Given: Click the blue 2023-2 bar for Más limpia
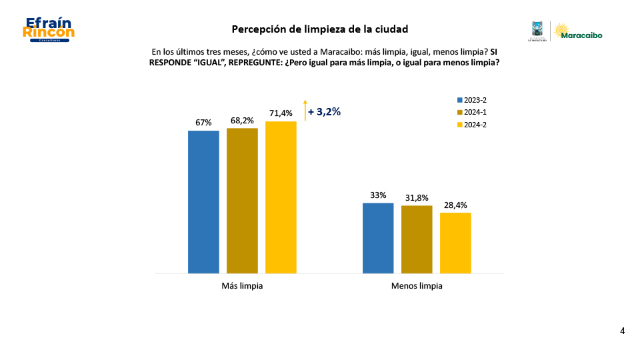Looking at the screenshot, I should tap(203, 201).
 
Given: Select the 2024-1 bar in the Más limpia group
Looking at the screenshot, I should tap(242, 200).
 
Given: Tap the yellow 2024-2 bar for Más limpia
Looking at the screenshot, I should tap(281, 197).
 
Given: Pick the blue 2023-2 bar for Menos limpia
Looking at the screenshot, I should tap(378, 238).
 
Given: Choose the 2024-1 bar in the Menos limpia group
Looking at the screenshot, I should tap(417, 239).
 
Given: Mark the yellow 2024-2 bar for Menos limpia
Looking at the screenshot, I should tap(455, 243).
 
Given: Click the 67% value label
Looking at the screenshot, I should tap(203, 123).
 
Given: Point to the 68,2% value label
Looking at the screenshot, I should tap(242, 121).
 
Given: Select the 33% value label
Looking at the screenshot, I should tap(378, 195).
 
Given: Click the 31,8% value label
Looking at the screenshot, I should tap(417, 198).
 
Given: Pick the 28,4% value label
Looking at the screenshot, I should tap(455, 205).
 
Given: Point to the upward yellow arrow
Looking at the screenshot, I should tap(305, 110).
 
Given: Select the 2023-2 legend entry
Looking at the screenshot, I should tap(471, 100).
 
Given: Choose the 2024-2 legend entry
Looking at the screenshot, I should tap(471, 125).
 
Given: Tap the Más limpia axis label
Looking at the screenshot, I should tap(242, 286).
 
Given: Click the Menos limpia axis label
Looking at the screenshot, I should tap(417, 286).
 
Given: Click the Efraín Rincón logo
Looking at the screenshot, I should tap(48, 30).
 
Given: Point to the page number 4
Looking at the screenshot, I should tap(622, 331).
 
